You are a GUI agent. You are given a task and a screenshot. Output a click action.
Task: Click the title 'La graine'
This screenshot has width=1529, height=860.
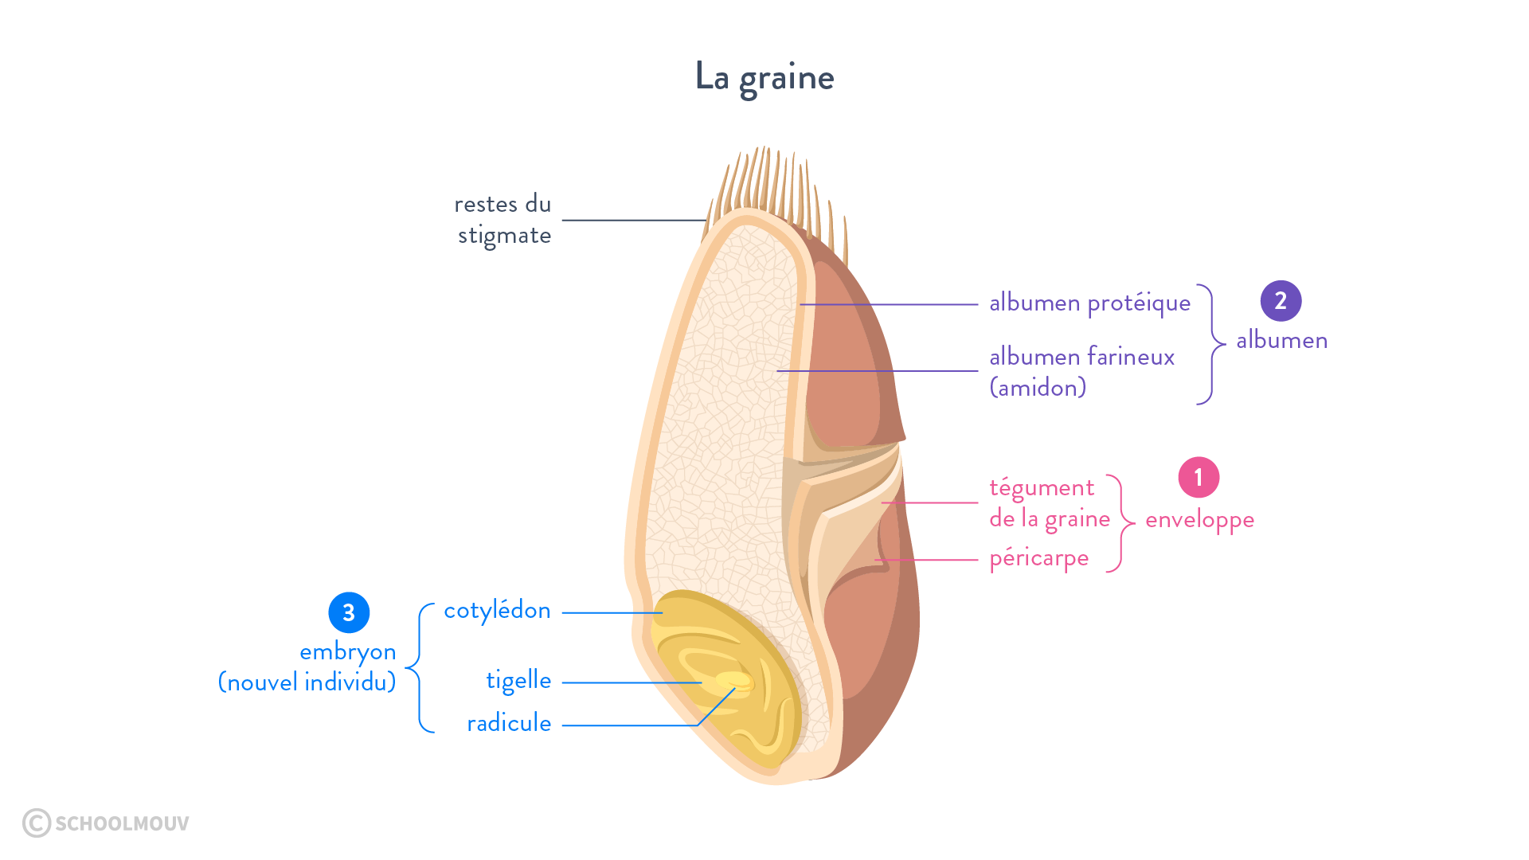pyautogui.click(x=764, y=77)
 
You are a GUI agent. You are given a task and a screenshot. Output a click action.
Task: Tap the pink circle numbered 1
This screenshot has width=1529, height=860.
pyautogui.click(x=1199, y=478)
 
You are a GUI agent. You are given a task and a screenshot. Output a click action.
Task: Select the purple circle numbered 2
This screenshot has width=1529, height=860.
pyautogui.click(x=1281, y=301)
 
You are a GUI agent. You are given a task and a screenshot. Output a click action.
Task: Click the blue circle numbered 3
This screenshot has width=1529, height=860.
pyautogui.click(x=349, y=612)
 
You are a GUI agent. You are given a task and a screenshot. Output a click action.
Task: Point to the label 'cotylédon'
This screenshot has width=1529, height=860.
pyautogui.click(x=497, y=611)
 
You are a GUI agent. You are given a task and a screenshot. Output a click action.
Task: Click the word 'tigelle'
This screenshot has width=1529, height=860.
pyautogui.click(x=518, y=681)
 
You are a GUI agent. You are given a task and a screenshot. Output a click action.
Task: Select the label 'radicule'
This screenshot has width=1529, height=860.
pyautogui.click(x=509, y=723)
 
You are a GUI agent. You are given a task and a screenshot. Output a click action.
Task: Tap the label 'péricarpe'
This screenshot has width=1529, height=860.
pyautogui.click(x=1038, y=559)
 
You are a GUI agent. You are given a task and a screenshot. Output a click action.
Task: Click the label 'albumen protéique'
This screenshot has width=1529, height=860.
pyautogui.click(x=1089, y=303)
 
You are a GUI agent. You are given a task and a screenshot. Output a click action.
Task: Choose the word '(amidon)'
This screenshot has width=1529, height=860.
pyautogui.click(x=1038, y=388)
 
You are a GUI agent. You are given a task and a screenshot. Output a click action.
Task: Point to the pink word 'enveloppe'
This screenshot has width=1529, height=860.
pyautogui.click(x=1199, y=520)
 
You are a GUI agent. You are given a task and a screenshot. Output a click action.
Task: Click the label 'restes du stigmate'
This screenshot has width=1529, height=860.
pyautogui.click(x=503, y=220)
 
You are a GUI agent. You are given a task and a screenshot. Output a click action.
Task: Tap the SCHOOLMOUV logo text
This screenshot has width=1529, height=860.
pyautogui.click(x=122, y=823)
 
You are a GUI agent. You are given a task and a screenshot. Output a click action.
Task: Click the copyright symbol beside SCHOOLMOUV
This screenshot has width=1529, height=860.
pyautogui.click(x=37, y=823)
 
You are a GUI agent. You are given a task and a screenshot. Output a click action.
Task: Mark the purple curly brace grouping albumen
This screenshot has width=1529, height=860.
pyautogui.click(x=1211, y=344)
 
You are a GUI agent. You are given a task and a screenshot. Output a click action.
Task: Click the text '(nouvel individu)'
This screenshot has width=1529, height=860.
pyautogui.click(x=307, y=682)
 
